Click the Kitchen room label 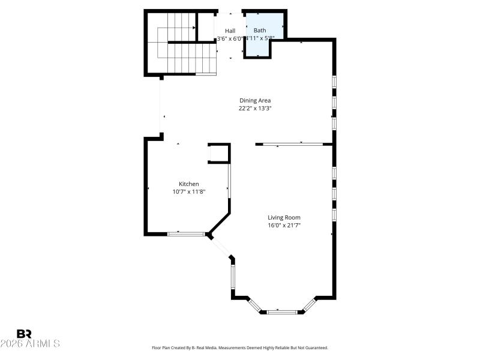(x=188, y=184)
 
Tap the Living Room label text (x=284, y=218)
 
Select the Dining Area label (x=255, y=101)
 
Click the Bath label (x=259, y=31)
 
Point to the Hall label (x=230, y=31)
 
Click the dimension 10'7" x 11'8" (x=188, y=192)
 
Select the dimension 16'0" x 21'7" (x=284, y=226)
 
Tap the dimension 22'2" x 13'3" (x=255, y=109)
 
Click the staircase (x=180, y=45)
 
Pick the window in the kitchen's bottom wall (x=186, y=233)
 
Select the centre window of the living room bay (x=282, y=311)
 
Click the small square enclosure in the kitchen (x=218, y=154)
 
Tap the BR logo (x=24, y=334)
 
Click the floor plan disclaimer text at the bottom (x=239, y=347)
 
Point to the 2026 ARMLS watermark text (x=30, y=344)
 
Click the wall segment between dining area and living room (x=294, y=144)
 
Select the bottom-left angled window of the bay (x=254, y=305)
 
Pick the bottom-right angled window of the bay (x=309, y=305)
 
